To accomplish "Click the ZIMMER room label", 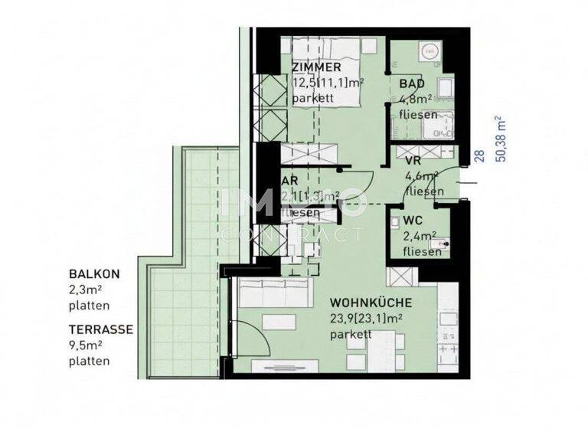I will pos(316,68).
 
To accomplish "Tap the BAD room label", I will pos(410,84).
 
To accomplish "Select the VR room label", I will pos(413,161).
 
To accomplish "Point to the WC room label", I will pos(413,220).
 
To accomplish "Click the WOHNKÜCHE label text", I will pos(371,302).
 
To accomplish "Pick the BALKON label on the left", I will pos(94,273).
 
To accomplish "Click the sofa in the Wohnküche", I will pos(275,296).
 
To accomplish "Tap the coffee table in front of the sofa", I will pos(280,323).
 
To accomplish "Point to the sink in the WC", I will pos(438,246).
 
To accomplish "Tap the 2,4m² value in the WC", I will pos(419,236).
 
